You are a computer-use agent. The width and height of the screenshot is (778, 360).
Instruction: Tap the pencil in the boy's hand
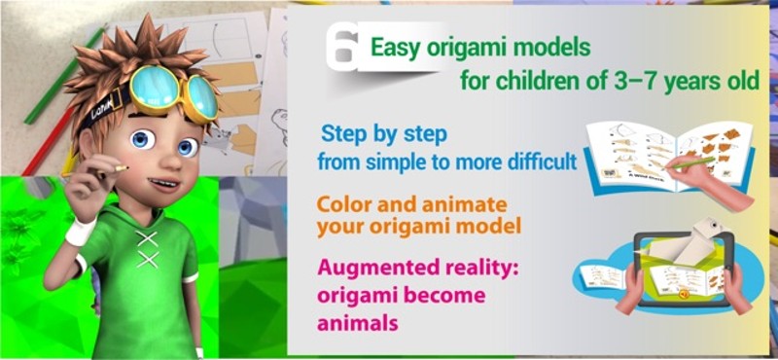[x=114, y=169]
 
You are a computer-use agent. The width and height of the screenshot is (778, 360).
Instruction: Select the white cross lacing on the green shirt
[x=147, y=249]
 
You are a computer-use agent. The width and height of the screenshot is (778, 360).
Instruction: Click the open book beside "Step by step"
[x=661, y=156]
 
